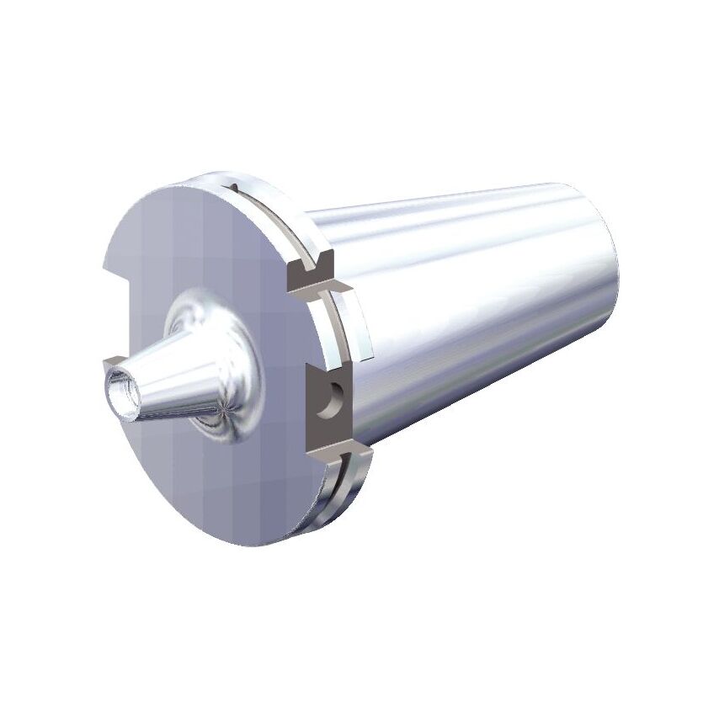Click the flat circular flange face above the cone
coord(202,244)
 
